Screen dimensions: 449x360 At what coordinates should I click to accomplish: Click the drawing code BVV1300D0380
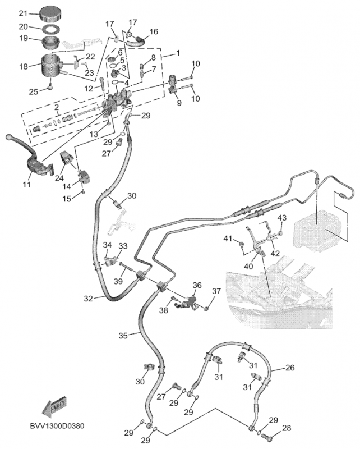58,426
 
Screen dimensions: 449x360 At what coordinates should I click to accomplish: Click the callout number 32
88,299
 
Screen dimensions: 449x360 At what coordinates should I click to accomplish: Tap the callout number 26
290,368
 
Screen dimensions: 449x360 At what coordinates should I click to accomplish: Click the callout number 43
282,218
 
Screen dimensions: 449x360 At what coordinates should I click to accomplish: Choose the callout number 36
197,285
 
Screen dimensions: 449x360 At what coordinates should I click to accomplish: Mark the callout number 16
153,32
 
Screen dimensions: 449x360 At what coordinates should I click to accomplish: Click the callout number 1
178,53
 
